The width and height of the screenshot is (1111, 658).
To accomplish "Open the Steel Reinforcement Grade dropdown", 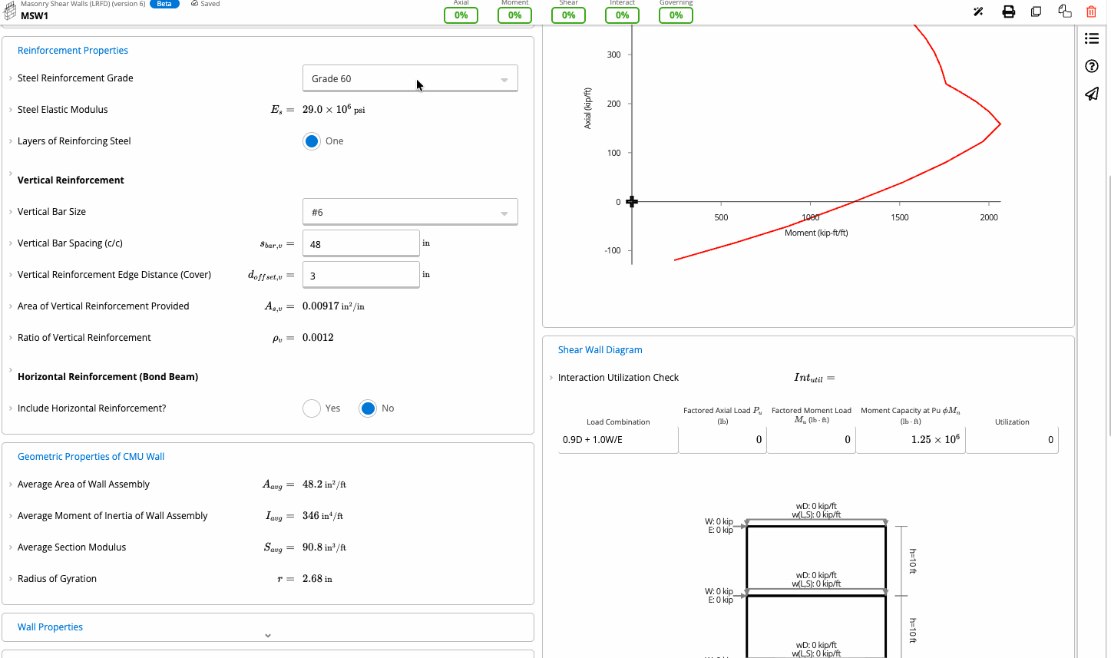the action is click(410, 78).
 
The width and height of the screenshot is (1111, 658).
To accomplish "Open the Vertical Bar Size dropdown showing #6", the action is click(410, 212).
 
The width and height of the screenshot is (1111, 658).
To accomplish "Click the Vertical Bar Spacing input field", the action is click(361, 243).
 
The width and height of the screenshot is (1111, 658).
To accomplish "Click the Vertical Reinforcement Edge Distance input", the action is click(361, 275).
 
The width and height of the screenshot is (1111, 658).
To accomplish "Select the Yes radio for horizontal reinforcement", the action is click(312, 408).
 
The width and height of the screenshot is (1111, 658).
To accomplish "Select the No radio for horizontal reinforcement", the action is click(368, 408).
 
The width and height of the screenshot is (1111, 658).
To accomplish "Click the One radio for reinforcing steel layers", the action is click(312, 141).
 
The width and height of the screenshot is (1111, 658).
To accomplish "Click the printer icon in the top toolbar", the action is click(1008, 12).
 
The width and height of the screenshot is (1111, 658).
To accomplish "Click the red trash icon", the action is click(1091, 12).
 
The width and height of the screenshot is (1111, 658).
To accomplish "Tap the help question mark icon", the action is click(1092, 66).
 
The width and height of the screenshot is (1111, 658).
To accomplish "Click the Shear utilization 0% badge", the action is click(568, 15).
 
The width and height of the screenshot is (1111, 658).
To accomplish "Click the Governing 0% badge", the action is click(676, 15).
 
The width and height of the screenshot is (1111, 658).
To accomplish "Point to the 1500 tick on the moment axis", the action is click(900, 203).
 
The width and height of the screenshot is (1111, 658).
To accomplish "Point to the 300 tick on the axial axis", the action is click(630, 55).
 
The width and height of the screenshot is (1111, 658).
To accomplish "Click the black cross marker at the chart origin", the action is click(632, 202).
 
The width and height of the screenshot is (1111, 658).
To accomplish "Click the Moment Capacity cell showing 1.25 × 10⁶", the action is click(911, 440).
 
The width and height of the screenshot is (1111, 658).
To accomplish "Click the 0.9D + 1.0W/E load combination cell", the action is click(618, 440).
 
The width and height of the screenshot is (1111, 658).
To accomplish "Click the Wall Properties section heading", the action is click(50, 627).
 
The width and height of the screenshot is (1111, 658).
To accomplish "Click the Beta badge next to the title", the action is click(164, 4).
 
